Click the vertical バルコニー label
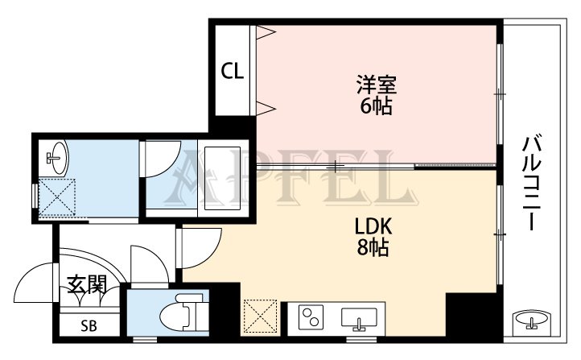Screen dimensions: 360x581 pyautogui.click(x=530, y=184)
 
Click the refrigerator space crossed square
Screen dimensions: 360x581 pyautogui.click(x=260, y=317)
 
